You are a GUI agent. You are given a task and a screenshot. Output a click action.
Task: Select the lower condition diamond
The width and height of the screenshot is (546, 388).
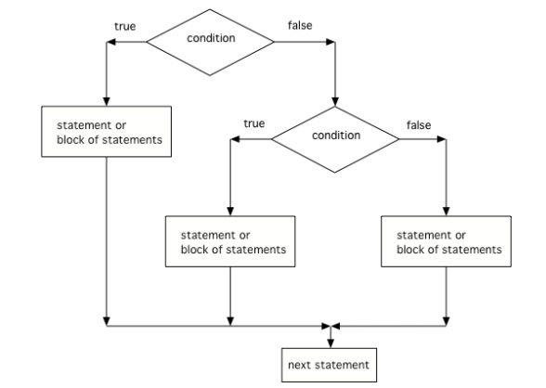[x=336, y=136]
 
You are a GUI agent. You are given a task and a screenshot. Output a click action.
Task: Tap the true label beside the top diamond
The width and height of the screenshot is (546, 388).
[x=124, y=25]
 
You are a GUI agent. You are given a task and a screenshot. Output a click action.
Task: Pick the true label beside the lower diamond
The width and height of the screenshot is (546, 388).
[x=254, y=123]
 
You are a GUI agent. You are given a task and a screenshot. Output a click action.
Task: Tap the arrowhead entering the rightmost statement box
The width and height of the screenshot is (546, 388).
[x=448, y=213]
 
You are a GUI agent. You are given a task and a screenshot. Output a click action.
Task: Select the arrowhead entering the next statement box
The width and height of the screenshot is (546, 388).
[x=331, y=343]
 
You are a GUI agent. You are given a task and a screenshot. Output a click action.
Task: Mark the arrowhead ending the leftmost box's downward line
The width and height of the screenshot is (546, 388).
[x=108, y=320]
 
